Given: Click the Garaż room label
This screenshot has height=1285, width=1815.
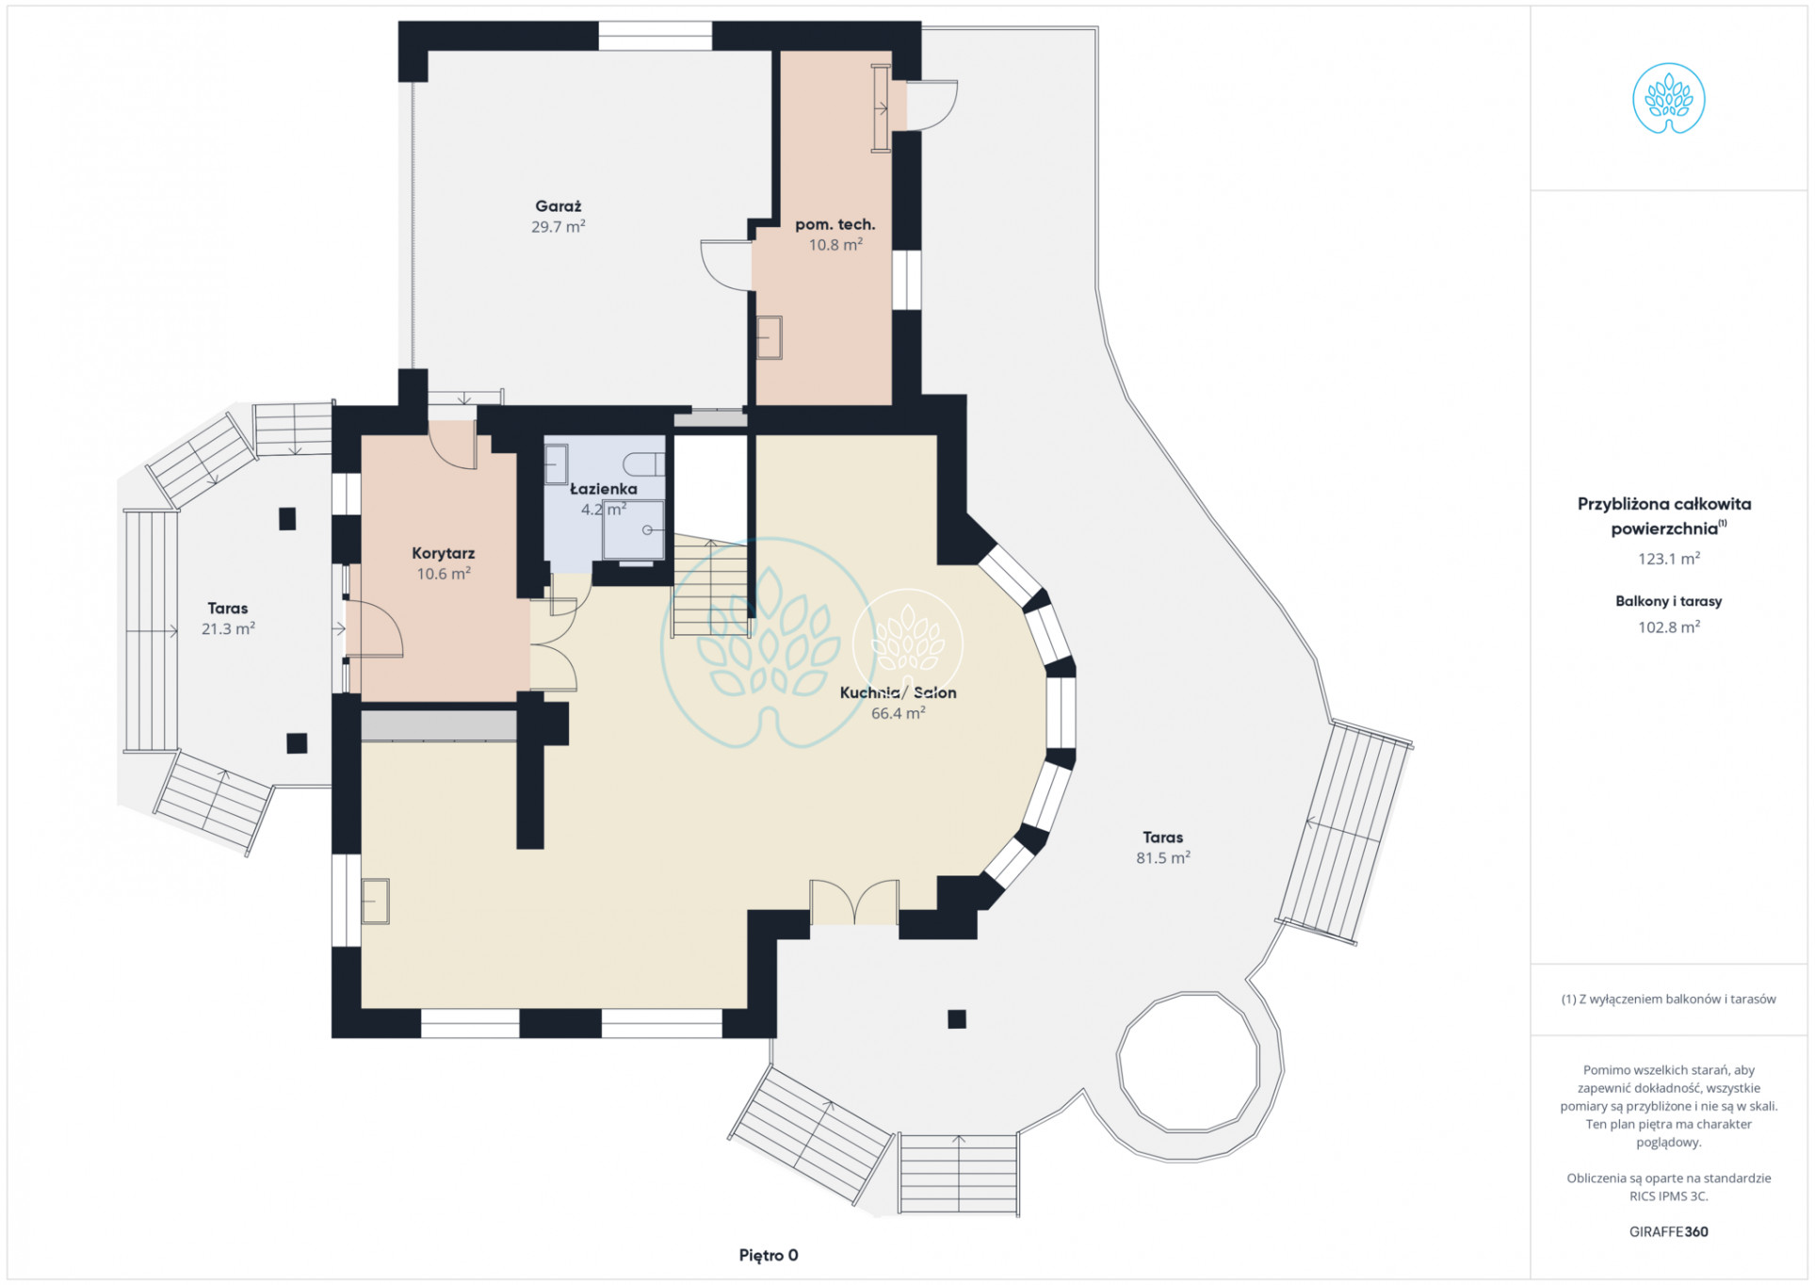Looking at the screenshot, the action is coord(558,206).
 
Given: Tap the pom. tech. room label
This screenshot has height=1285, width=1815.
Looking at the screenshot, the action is coord(835,224).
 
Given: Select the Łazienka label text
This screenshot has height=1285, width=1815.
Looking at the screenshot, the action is coord(603,489).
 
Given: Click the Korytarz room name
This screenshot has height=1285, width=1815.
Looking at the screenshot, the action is coord(443,554).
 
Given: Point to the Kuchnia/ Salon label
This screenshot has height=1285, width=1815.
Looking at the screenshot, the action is coord(898,692).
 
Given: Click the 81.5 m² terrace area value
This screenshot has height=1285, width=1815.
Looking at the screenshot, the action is coord(1162,857).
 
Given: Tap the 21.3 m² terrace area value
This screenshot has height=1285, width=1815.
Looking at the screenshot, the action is coord(228,628).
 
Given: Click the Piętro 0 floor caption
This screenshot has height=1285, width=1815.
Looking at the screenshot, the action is coord(769,1255).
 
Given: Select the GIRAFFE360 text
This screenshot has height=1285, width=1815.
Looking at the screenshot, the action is coord(1668,1231).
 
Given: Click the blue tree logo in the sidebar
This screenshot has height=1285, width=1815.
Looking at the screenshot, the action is coord(1668,98).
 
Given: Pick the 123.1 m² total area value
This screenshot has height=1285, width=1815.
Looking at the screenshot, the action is coord(1668,559).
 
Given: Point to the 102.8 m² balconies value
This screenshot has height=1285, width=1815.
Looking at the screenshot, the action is coord(1668,627).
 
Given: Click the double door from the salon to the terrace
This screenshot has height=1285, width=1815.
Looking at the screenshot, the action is coord(854,902).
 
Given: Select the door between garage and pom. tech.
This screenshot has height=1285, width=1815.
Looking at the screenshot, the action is coord(726,265).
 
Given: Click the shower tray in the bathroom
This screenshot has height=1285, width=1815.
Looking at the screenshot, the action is coord(633,529).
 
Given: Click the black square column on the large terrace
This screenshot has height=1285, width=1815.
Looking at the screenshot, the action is coord(957,1018).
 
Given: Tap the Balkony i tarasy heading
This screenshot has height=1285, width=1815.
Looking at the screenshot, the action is coord(1668,601).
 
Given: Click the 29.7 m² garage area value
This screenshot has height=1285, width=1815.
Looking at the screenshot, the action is coord(558,227).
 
